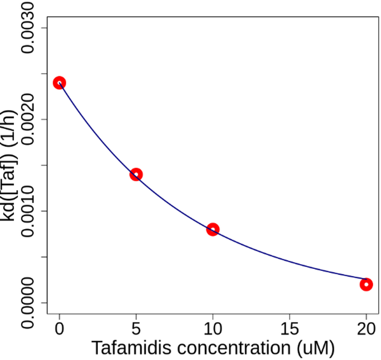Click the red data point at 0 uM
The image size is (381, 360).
point(59,83)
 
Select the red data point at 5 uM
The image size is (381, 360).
point(136,174)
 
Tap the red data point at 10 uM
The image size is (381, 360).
point(213,229)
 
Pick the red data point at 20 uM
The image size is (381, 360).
point(366,285)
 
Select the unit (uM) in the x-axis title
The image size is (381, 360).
point(315,349)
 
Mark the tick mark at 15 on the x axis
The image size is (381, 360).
point(290,318)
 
